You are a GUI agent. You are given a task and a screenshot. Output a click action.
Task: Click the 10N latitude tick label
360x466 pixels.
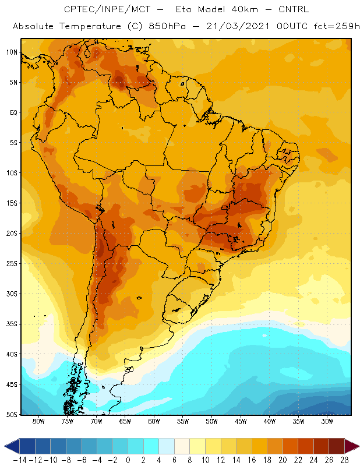pos(12,52)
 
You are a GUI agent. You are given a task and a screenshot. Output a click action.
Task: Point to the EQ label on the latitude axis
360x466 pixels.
pos(13,112)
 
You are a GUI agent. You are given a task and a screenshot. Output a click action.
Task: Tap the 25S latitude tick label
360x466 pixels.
pos(12,264)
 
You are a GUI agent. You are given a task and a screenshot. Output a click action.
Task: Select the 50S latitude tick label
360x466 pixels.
pos(12,415)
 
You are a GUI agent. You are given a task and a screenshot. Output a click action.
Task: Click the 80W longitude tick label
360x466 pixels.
pos(38,421)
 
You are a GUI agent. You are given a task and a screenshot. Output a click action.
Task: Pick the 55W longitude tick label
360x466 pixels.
pos(183,421)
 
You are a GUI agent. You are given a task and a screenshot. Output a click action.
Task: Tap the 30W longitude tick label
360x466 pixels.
pos(327,421)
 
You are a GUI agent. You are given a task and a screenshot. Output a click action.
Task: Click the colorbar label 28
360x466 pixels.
pos(344,460)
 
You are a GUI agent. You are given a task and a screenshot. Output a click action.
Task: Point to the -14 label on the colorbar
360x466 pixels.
pos(20,460)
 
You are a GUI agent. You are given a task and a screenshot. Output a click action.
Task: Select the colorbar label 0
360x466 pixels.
pos(128,460)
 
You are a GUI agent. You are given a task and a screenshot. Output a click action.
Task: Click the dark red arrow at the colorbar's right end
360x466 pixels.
pos(352,446)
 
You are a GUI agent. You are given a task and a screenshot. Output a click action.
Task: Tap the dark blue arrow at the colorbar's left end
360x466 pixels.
pos(12,446)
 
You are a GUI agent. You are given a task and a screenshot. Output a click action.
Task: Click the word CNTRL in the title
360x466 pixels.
pos(294,9)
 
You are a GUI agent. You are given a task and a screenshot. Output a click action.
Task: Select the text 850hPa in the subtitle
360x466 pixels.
pos(167,26)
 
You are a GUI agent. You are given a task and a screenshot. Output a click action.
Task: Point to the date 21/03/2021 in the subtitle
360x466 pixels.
pos(238,26)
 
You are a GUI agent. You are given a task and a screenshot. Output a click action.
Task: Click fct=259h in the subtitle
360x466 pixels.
pos(337,26)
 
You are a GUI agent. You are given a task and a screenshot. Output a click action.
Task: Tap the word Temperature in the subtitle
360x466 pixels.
pos(90,26)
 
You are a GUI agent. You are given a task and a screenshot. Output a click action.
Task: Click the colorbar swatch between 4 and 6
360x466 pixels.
pos(167,446)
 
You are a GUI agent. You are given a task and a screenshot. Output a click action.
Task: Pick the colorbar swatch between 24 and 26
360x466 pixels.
pos(321,446)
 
